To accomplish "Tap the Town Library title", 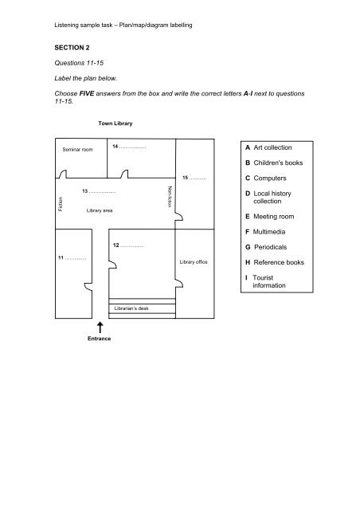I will (115, 124).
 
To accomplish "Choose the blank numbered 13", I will (100, 193).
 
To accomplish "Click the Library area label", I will (100, 210).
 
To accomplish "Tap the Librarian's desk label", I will (131, 308).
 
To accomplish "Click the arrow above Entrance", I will (100, 328).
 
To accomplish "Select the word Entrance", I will (100, 339).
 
